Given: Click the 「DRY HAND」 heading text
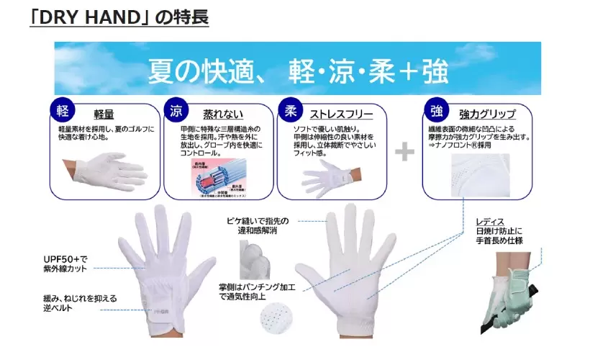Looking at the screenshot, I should click(119, 17).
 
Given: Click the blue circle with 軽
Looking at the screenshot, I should click(61, 111).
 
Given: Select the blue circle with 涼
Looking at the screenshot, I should click(176, 112).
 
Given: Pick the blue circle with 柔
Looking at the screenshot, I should click(289, 112).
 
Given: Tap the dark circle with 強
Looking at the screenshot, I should click(435, 112).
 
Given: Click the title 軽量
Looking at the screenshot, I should click(104, 114).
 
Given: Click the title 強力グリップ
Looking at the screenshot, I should click(486, 114).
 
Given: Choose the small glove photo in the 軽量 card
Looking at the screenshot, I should click(101, 169).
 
